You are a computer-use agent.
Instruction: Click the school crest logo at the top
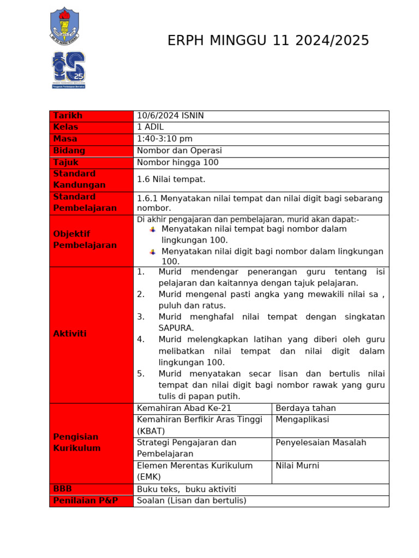click(x=64, y=26)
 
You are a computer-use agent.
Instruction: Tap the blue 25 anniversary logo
click(x=69, y=69)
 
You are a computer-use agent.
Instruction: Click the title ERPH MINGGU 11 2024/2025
click(x=268, y=41)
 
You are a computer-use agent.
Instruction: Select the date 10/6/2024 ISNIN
click(x=170, y=116)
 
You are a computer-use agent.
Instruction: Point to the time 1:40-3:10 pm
click(x=165, y=139)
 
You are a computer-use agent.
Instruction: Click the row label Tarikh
click(x=68, y=116)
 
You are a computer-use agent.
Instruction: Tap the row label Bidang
click(x=69, y=150)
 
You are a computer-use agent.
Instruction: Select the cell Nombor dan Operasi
click(x=179, y=150)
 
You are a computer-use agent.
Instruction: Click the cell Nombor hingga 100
click(x=178, y=162)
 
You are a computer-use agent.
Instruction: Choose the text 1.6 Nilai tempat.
click(x=171, y=179)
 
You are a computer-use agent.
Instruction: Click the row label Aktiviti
click(x=70, y=333)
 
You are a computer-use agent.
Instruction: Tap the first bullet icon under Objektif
click(x=152, y=229)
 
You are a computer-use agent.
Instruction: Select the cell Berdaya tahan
click(x=306, y=408)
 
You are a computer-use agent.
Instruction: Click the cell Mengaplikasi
click(x=302, y=420)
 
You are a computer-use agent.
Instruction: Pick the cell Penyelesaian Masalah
click(x=321, y=442)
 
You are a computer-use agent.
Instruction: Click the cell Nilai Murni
click(x=297, y=465)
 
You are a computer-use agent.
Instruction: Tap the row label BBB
click(x=63, y=489)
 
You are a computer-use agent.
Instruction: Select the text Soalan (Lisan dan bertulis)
click(x=191, y=500)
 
